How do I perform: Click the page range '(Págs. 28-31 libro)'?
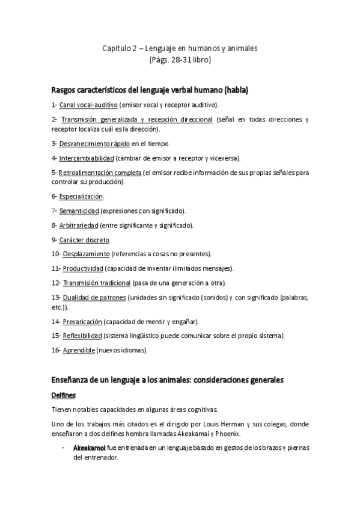[x=180, y=60]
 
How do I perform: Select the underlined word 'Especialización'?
[x=81, y=197]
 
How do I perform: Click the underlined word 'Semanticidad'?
[x=78, y=211]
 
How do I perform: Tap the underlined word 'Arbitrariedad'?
[x=79, y=226]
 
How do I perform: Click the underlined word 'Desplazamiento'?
[x=86, y=254]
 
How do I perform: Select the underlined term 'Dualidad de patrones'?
[x=94, y=297]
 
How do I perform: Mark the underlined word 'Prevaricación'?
[x=82, y=321]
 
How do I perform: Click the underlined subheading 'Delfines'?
[x=65, y=395]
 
